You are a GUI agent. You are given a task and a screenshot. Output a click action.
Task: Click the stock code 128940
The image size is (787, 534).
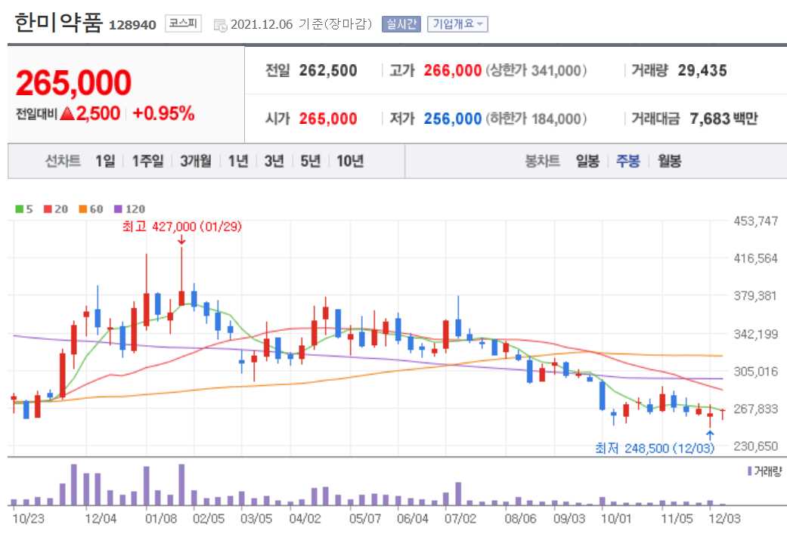click(x=132, y=25)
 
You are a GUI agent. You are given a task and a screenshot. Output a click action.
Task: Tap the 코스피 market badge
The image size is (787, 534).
click(x=183, y=23)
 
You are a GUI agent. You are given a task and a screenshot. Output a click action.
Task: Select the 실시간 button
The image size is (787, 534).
click(x=400, y=23)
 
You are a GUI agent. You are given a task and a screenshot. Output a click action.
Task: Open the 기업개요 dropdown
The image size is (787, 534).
click(x=457, y=23)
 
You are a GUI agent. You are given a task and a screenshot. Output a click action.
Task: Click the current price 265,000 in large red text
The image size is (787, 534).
click(x=73, y=83)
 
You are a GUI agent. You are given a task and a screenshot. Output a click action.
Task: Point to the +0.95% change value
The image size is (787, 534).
click(x=163, y=114)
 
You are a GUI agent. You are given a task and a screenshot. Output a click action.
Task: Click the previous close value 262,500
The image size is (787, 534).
click(x=328, y=71)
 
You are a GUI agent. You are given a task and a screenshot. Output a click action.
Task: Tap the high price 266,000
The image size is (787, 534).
click(x=452, y=71)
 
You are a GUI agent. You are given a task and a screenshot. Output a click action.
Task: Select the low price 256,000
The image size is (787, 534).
click(x=452, y=119)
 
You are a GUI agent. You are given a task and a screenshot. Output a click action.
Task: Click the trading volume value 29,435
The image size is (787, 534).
click(x=702, y=71)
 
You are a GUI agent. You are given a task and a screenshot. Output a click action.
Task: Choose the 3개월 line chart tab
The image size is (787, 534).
click(x=195, y=161)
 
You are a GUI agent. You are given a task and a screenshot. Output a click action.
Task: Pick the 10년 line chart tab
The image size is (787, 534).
click(x=350, y=161)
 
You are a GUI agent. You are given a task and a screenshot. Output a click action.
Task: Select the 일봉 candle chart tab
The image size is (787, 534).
click(x=587, y=161)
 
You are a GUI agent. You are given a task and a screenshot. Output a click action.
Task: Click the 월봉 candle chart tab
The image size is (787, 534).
click(x=669, y=161)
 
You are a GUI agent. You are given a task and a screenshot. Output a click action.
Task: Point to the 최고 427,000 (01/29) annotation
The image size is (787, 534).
click(x=181, y=226)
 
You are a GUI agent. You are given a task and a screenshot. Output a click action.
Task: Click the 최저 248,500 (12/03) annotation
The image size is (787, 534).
click(x=655, y=449)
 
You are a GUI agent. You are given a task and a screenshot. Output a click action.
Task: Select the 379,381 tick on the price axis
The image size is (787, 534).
click(x=756, y=295)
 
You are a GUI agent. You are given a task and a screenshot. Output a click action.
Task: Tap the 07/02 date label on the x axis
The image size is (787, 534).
click(x=461, y=519)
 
